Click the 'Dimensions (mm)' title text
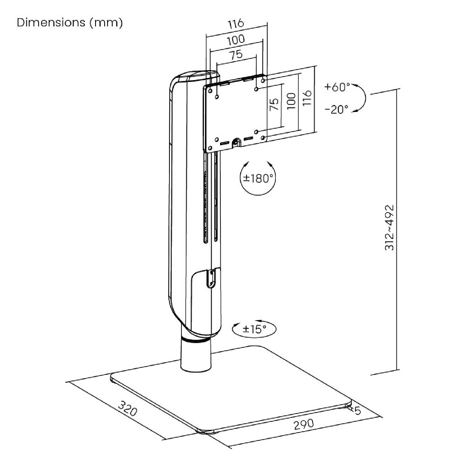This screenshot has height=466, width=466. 70,23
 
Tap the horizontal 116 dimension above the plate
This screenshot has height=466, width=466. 236,23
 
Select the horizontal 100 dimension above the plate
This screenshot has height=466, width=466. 236,39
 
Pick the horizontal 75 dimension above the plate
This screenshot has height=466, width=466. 236,55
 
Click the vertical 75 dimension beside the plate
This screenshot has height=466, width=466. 274,104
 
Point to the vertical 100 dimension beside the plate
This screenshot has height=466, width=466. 291,101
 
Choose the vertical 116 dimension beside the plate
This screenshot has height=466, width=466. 307,98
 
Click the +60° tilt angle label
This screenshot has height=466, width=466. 337,87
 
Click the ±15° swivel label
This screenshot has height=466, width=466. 254,329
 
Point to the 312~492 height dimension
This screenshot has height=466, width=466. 389,227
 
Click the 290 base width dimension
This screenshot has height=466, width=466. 304,424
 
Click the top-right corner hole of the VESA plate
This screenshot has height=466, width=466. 263,80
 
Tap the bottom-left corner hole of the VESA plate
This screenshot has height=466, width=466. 210,148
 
